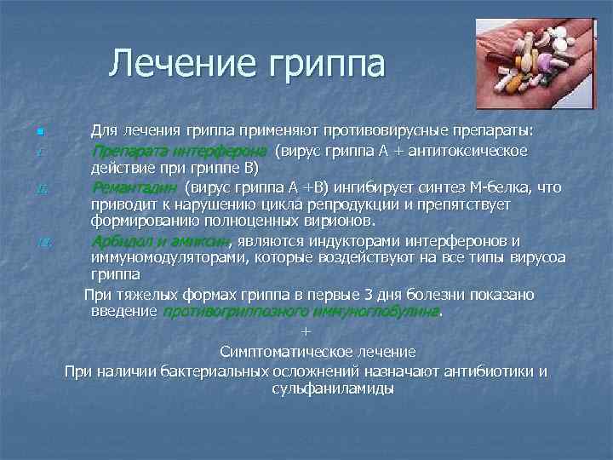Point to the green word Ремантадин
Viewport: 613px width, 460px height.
coord(135,187)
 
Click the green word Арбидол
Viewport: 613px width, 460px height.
coord(119,240)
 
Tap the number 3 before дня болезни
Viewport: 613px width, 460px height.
coord(368,295)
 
